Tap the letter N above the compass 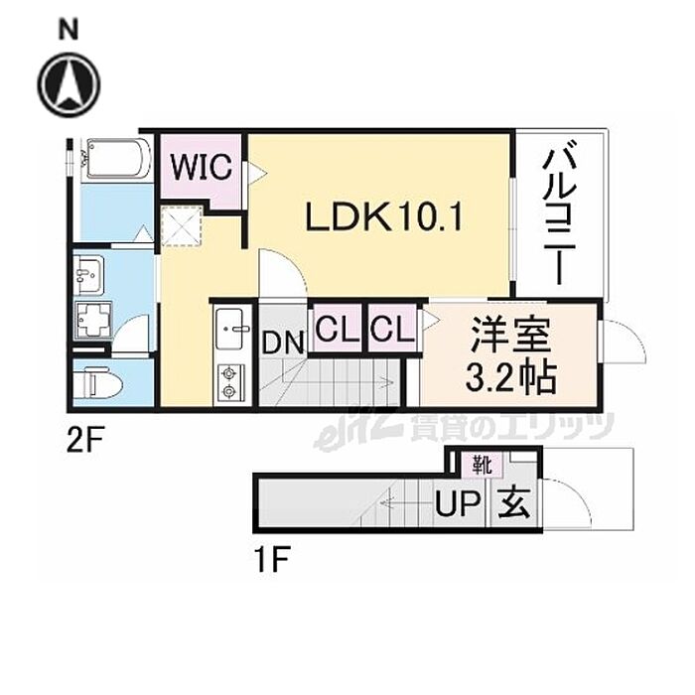click(x=68, y=30)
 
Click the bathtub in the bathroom click(x=117, y=159)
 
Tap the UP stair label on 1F click(x=458, y=504)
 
